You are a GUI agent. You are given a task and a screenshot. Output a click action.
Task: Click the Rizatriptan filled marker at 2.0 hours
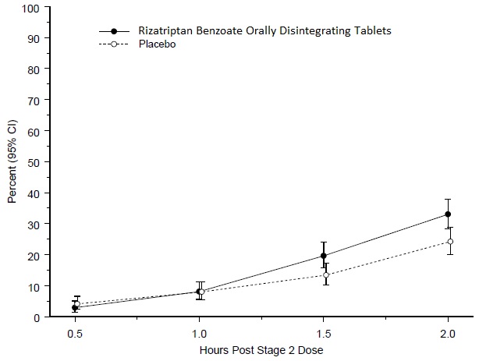pos(448,214)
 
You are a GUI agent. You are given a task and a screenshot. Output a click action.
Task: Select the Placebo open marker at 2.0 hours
pos(450,242)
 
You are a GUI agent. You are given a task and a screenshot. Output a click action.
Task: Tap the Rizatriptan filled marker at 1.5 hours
pos(324,256)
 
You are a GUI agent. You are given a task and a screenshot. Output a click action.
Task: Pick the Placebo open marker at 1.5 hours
pos(326,275)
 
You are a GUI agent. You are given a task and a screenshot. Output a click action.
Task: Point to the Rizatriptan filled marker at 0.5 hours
pos(75,308)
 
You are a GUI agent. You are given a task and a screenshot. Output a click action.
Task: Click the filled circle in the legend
pos(115,31)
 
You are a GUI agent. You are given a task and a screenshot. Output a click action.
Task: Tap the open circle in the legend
pos(115,45)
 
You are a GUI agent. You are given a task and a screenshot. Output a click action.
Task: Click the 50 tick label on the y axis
pos(34,162)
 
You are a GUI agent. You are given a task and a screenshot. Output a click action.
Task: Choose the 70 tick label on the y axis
pos(34,101)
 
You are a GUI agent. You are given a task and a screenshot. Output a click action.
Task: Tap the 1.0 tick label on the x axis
pos(199,331)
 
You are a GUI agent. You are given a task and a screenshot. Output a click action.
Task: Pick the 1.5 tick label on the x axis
pos(324,331)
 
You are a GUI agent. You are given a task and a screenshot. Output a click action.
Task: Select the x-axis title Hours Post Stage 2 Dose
pos(261,350)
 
